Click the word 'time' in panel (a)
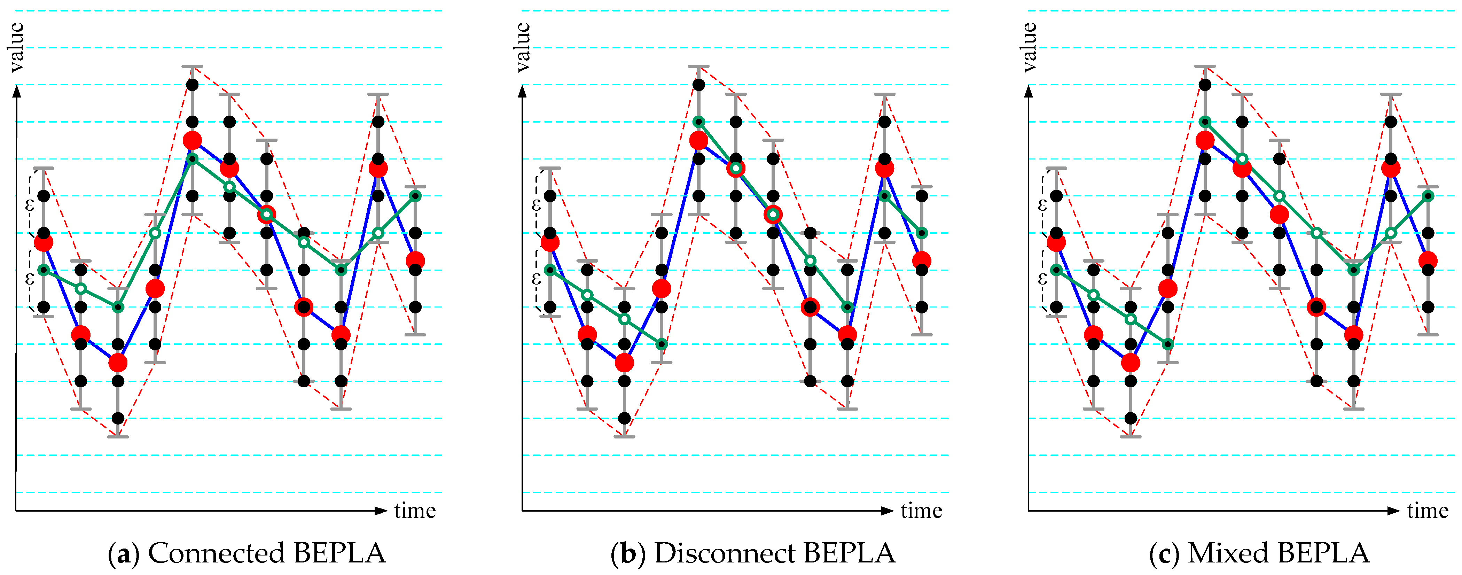click(415, 511)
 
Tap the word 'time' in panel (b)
click(921, 511)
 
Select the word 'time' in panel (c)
click(1428, 511)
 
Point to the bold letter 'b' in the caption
click(628, 553)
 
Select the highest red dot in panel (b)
click(699, 140)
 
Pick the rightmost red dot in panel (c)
click(1428, 261)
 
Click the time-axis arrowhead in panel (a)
click(381, 511)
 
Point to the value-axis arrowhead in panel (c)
click(1029, 91)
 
